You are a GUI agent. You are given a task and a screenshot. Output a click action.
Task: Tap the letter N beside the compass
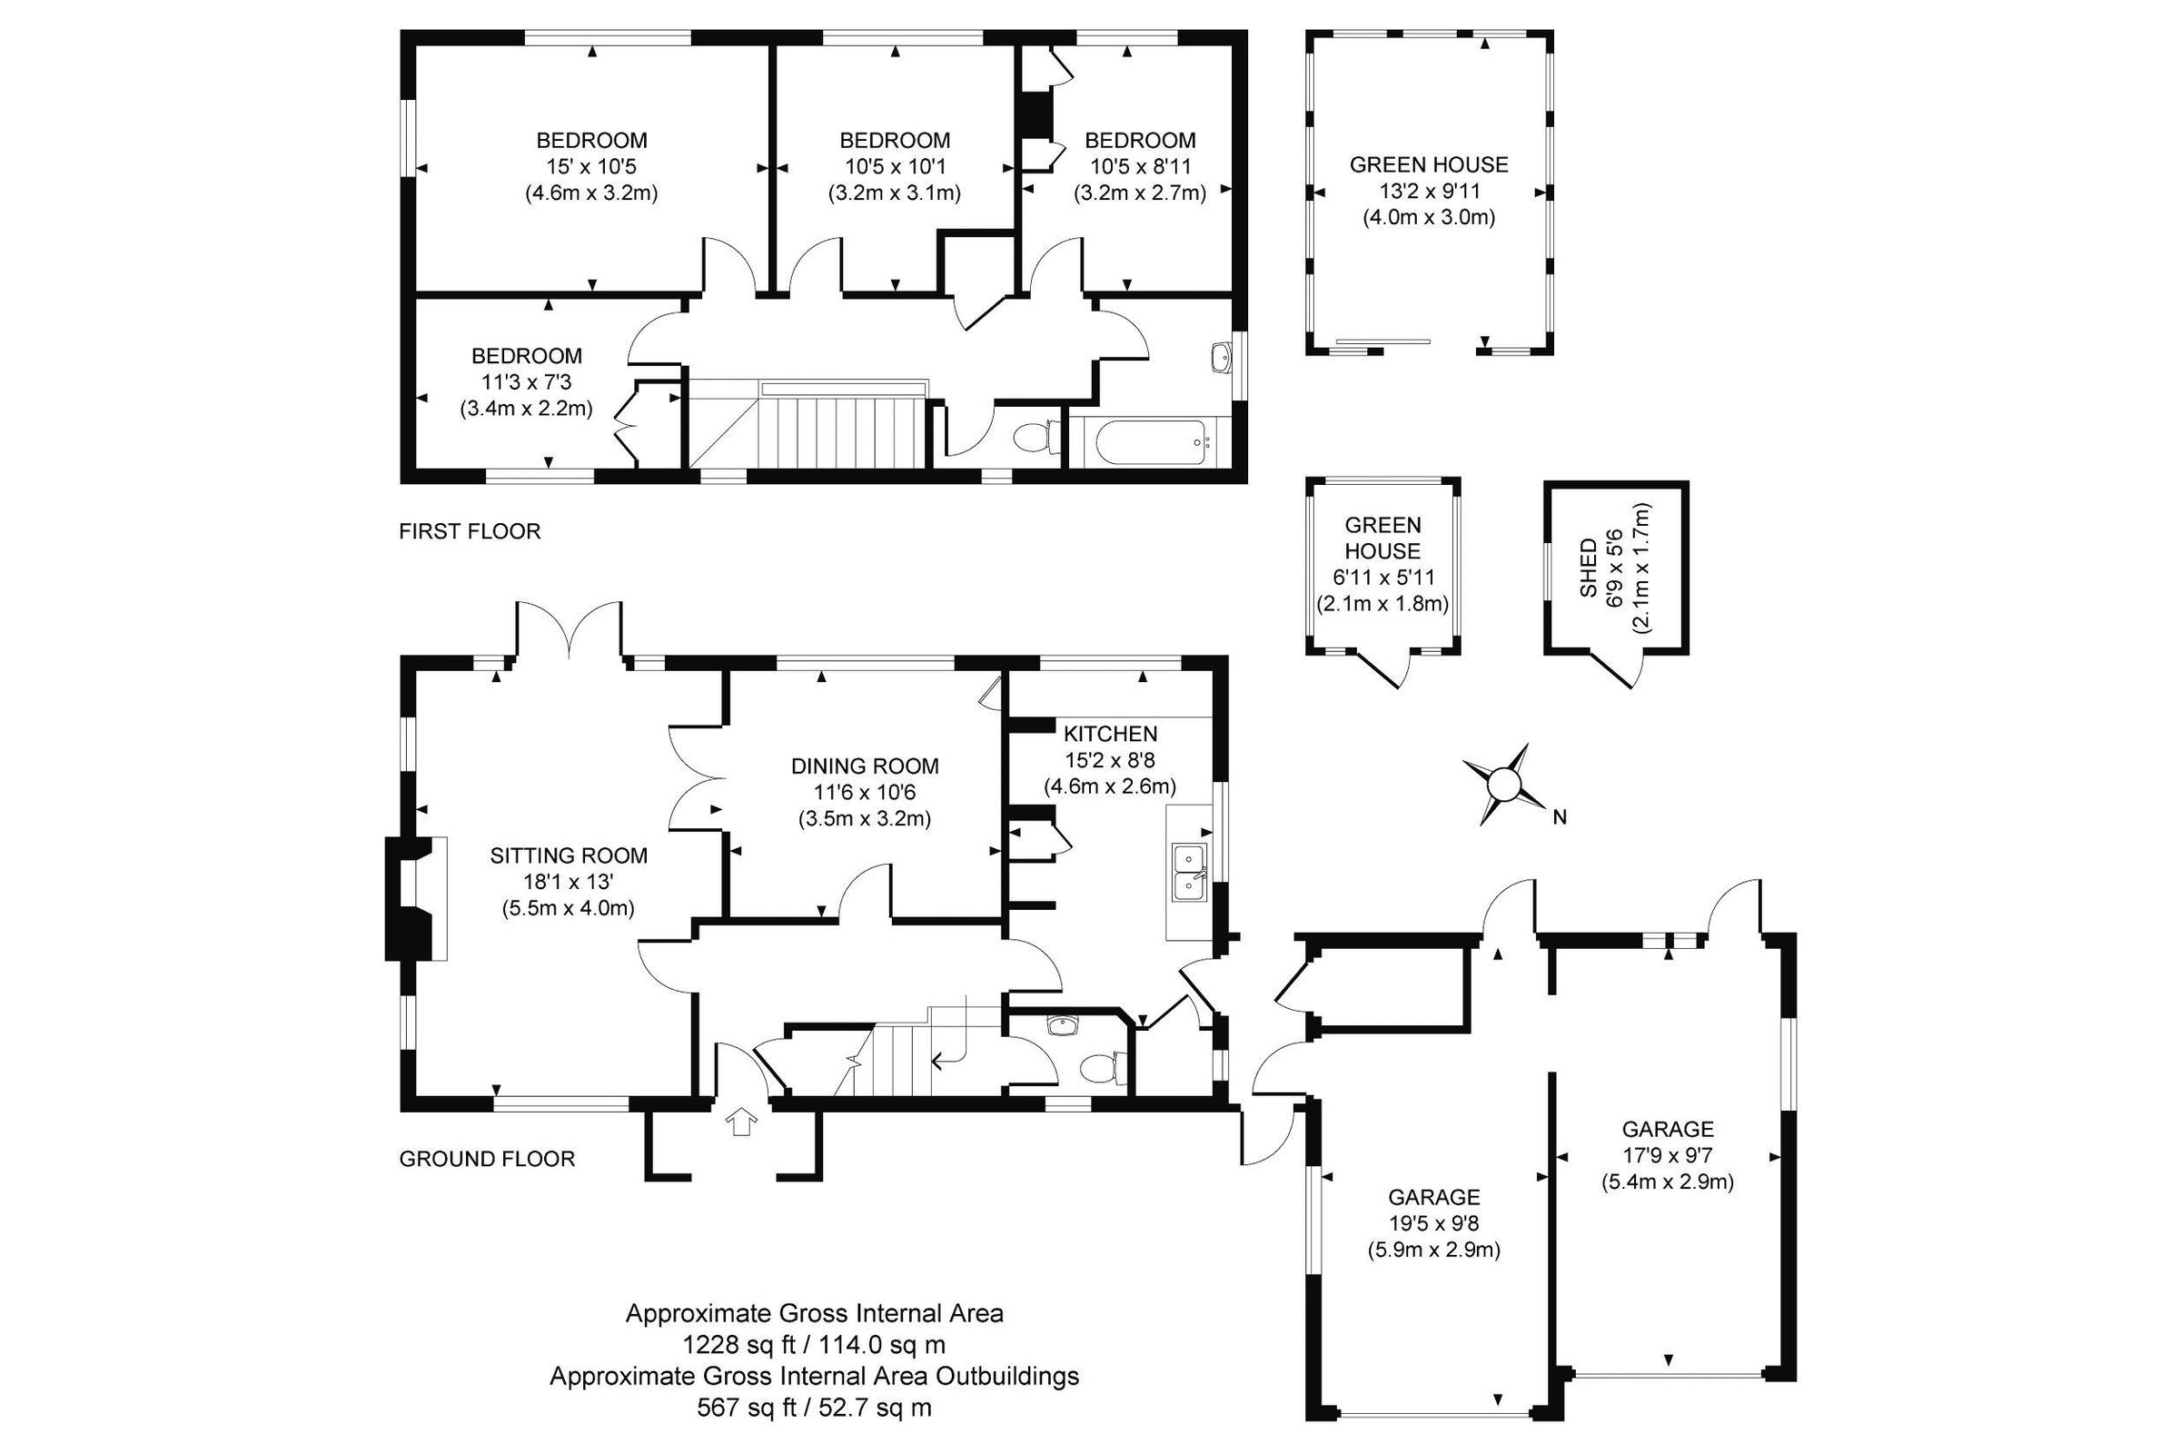point(1560,817)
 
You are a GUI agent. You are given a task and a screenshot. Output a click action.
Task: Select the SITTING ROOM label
point(569,855)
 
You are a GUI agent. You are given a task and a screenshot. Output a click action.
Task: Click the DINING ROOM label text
point(864,766)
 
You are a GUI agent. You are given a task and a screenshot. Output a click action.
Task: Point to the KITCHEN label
point(1109,734)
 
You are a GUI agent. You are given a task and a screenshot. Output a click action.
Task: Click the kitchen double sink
point(1189,872)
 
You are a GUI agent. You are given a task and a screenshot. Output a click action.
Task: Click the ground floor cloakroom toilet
point(1102,1069)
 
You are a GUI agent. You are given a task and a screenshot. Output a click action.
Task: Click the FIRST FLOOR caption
point(469,531)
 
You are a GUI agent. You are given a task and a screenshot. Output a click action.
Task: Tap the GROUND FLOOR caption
point(487,1159)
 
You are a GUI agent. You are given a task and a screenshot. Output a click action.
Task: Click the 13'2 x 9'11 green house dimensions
point(1428,192)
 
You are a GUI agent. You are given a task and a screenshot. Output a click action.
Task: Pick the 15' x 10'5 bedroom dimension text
point(591,167)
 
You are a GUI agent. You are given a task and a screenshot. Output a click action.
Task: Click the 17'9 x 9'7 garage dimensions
point(1668,1155)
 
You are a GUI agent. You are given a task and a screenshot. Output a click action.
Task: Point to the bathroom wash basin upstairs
point(1220,356)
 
